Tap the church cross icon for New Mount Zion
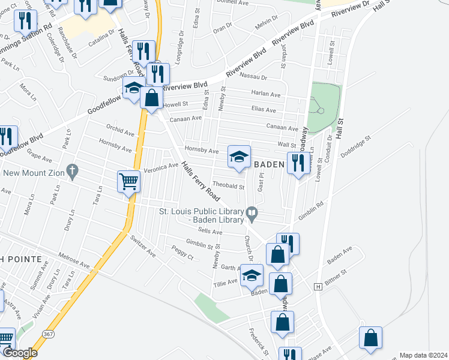click(72, 171)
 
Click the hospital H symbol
click(318, 287)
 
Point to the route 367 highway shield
click(48, 332)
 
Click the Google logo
click(20, 353)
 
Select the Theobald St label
click(229, 187)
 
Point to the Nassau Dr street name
click(252, 77)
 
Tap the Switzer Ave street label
click(143, 245)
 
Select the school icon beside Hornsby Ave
click(238, 158)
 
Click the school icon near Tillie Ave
click(252, 275)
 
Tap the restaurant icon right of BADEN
click(298, 162)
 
